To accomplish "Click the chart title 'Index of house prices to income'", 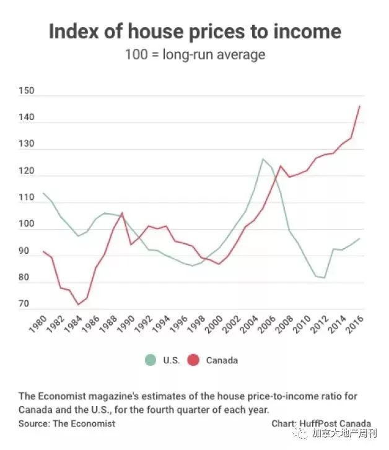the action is click(x=195, y=31).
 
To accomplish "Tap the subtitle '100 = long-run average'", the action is click(x=195, y=54).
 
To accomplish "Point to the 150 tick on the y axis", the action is click(x=27, y=91).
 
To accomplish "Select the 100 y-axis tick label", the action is click(x=27, y=223).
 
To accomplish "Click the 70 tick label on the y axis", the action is click(x=24, y=303).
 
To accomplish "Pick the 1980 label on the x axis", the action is click(x=38, y=324).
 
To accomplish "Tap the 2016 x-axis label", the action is click(x=354, y=324).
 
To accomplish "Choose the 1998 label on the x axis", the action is click(x=196, y=324).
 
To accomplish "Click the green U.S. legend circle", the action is click(x=151, y=360).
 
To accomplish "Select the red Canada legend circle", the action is click(x=193, y=360).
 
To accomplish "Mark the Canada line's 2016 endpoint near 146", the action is click(x=360, y=106).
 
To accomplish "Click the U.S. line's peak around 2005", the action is click(x=263, y=158).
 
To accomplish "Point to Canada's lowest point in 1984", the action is click(x=78, y=305).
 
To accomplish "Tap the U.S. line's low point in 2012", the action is click(x=325, y=278).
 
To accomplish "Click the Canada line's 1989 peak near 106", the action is click(x=123, y=213).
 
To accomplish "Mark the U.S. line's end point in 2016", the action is click(x=360, y=238).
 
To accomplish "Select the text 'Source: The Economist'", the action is click(x=67, y=423).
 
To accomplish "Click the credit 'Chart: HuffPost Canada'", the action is click(x=321, y=423).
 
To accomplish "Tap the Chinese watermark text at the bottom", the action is click(x=344, y=433).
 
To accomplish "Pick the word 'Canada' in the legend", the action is click(x=222, y=360).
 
